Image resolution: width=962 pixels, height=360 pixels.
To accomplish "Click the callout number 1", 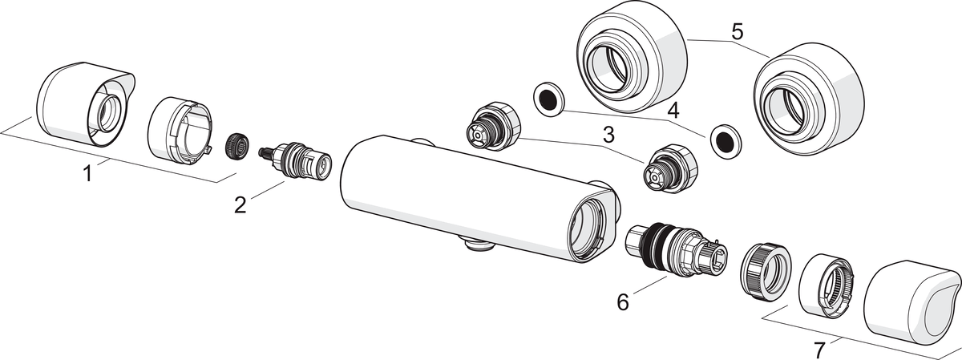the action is [87, 174].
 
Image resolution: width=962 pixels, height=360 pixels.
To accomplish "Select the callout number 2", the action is [240, 204].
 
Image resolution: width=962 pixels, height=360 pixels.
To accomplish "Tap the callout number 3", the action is [608, 136].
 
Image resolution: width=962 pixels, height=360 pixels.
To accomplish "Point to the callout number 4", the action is [673, 111].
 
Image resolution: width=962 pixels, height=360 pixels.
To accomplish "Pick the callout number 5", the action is [737, 32].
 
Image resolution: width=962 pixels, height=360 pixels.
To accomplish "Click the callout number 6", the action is [623, 301].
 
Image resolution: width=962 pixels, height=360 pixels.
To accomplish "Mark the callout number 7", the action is [820, 350].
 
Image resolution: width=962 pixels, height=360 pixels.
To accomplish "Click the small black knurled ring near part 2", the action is [237, 147].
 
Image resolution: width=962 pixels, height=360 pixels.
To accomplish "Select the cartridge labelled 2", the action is [296, 160].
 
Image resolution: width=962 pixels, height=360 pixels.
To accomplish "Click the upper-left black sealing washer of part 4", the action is [549, 99].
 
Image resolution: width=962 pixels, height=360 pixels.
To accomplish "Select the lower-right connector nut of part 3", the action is [670, 168].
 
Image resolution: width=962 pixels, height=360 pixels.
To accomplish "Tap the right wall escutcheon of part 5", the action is [809, 99].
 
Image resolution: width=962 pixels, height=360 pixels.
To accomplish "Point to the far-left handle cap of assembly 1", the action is [86, 106].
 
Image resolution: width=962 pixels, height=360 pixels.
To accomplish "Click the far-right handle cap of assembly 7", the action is [911, 303].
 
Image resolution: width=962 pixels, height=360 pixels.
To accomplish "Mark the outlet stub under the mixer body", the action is [477, 243].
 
